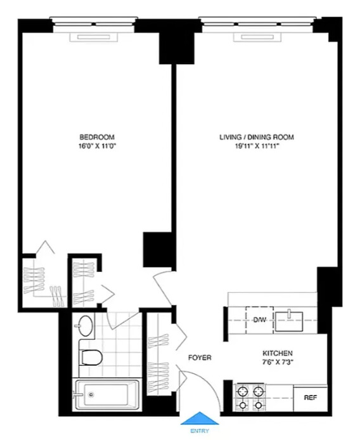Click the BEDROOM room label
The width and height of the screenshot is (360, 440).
click(96, 137)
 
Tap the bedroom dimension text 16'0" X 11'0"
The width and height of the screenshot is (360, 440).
click(96, 146)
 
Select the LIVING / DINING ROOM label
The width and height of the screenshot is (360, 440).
click(256, 137)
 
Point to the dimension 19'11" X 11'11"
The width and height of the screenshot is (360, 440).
click(256, 146)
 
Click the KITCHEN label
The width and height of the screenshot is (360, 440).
click(278, 353)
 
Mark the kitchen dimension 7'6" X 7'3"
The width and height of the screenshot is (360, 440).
click(278, 362)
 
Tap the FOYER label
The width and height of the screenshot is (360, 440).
click(199, 358)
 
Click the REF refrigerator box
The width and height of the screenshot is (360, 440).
click(310, 398)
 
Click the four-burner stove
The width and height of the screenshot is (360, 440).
click(250, 398)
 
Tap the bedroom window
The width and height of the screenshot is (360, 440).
click(93, 27)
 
